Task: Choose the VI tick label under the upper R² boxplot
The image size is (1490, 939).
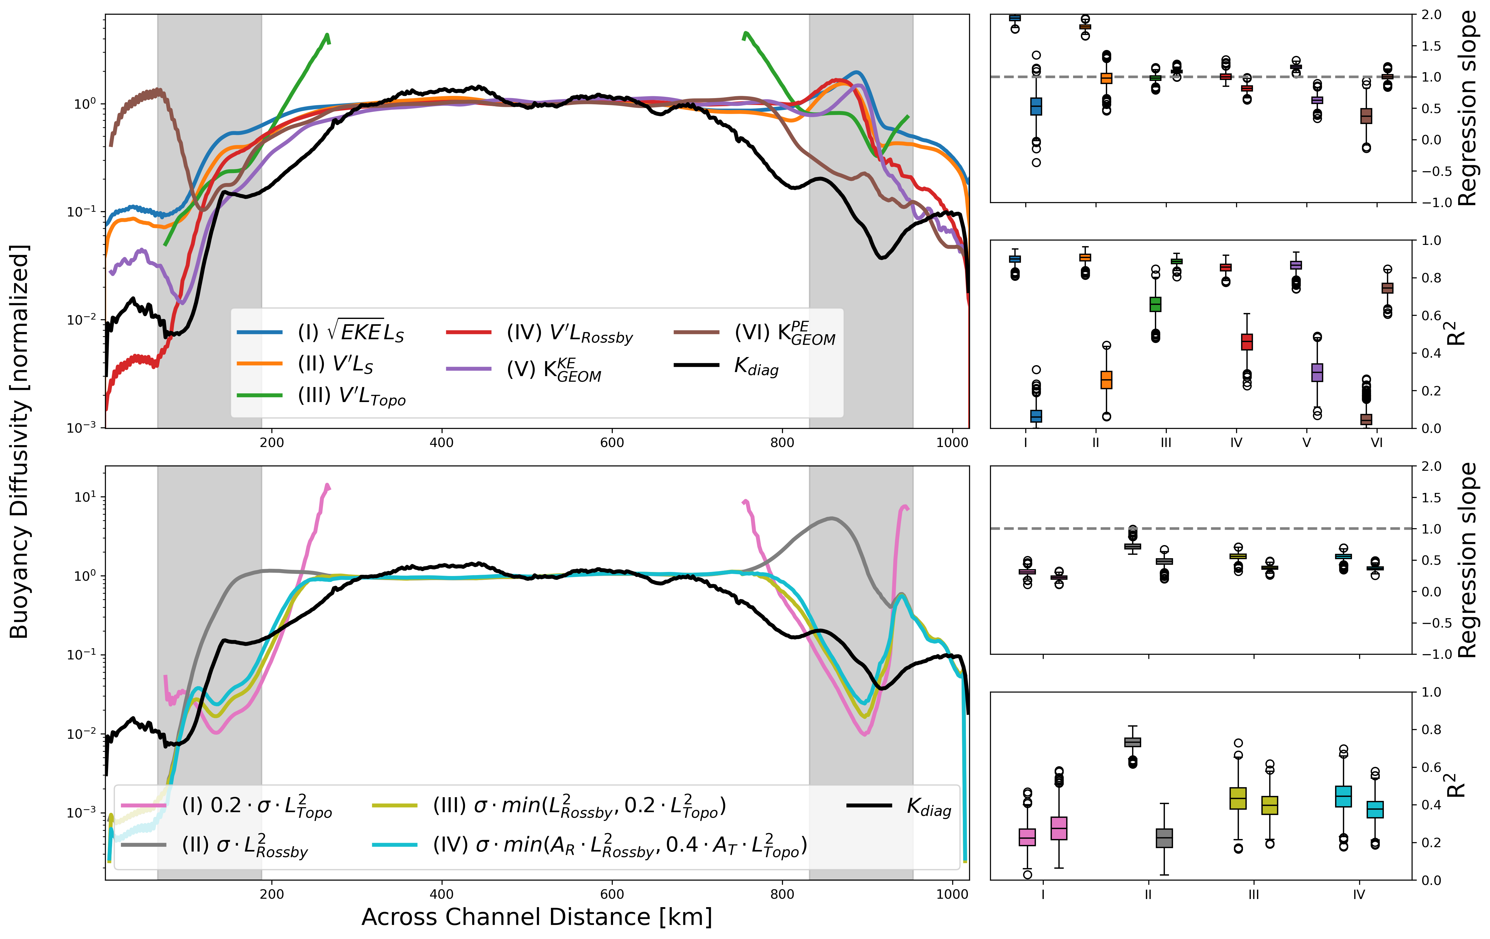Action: pyautogui.click(x=1377, y=443)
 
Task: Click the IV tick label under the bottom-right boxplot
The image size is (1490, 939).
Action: pyautogui.click(x=1359, y=894)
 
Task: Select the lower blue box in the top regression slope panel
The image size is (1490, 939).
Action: pyautogui.click(x=1036, y=107)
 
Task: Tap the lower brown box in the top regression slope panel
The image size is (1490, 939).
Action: pyautogui.click(x=1366, y=116)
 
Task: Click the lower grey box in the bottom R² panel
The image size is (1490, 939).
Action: pyautogui.click(x=1165, y=838)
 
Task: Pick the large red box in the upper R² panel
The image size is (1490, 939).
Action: pyautogui.click(x=1247, y=342)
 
